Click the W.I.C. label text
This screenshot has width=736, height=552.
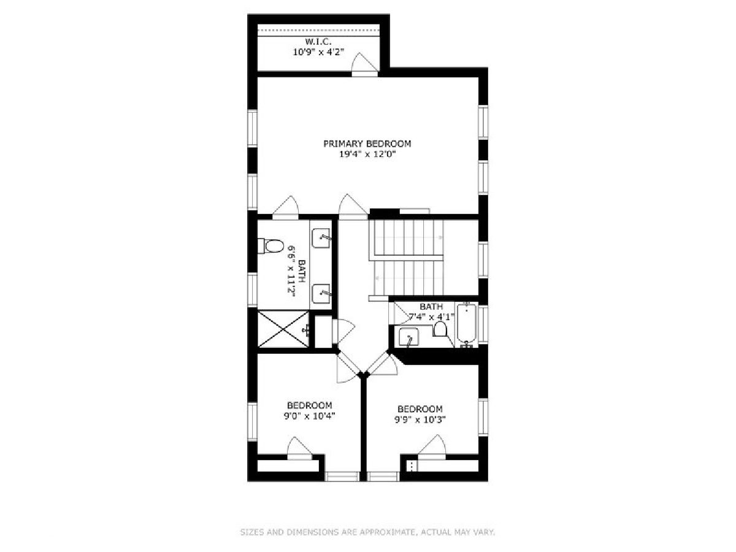[x=318, y=42]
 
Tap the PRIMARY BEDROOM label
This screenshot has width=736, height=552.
[x=367, y=144]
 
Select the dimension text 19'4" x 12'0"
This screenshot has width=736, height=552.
[x=368, y=154]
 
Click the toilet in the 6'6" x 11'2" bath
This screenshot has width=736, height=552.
[x=270, y=246]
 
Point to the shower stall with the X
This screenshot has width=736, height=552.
[x=283, y=329]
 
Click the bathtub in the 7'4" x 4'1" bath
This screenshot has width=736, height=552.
[x=466, y=324]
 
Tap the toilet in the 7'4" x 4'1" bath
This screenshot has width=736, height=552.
[x=440, y=329]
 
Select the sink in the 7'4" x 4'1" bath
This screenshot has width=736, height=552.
[x=408, y=337]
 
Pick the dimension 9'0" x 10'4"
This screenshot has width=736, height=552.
[x=310, y=416]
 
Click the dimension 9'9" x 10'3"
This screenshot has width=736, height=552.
[x=420, y=420]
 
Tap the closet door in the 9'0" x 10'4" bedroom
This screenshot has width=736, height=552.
[x=299, y=449]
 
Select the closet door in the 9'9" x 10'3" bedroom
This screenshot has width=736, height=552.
[x=432, y=447]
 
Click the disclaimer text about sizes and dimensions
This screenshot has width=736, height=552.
[x=367, y=532]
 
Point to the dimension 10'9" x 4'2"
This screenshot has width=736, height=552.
[x=319, y=52]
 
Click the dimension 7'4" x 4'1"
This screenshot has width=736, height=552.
[x=432, y=316]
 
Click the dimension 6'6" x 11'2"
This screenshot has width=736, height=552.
[x=292, y=272]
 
